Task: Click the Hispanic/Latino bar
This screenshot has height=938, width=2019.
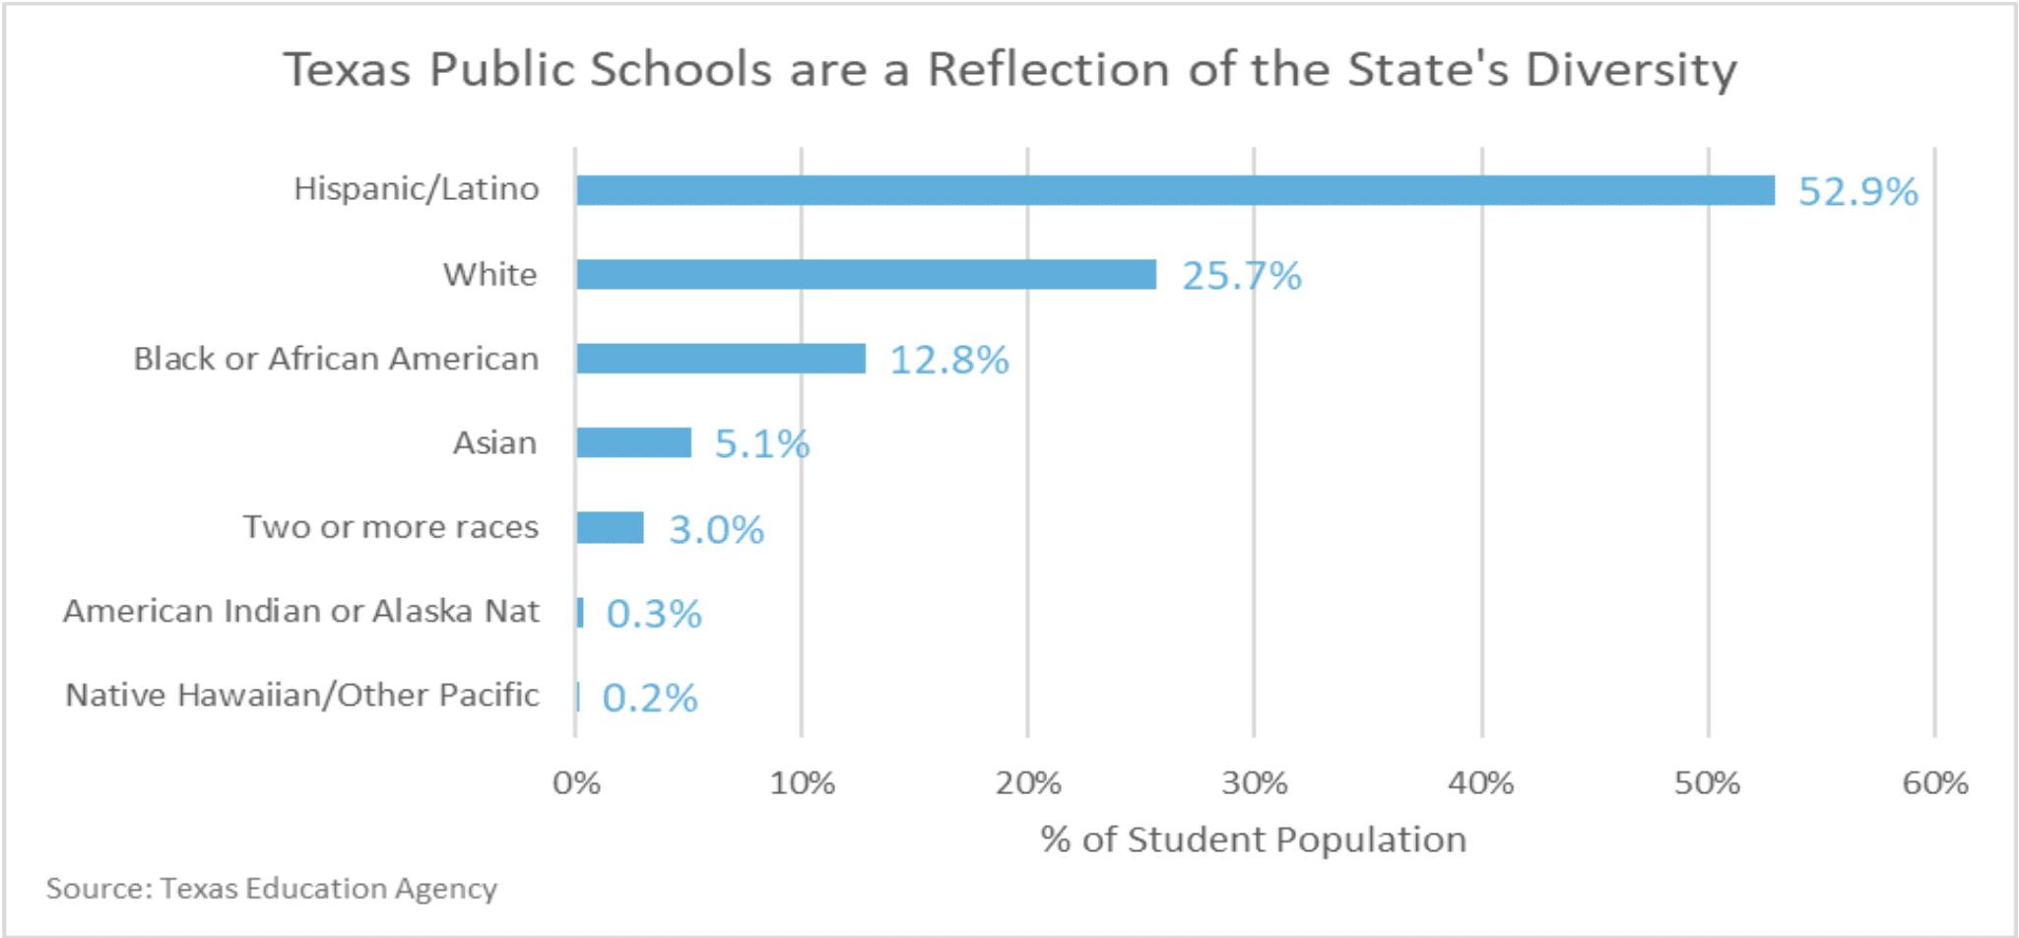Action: click(1175, 190)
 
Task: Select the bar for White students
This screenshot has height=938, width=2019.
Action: click(866, 275)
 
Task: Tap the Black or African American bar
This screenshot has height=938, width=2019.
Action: click(721, 359)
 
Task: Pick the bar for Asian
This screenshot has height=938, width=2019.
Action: click(634, 443)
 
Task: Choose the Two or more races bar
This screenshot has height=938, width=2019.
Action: click(611, 528)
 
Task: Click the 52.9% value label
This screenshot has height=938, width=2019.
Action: click(1857, 191)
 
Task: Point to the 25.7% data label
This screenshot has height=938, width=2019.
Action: click(1241, 276)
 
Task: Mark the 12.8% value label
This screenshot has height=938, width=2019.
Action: click(949, 361)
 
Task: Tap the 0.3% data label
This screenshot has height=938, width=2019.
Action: click(653, 614)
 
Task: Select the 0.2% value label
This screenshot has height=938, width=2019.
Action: click(650, 699)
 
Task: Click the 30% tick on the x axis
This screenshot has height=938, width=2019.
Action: click(1254, 783)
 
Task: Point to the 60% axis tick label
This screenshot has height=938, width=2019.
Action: click(1934, 783)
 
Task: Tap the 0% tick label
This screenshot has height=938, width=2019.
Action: click(576, 783)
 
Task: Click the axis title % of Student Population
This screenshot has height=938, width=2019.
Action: click(1253, 839)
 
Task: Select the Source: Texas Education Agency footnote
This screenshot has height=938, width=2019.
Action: click(271, 889)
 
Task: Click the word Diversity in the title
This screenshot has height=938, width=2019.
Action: click(1631, 71)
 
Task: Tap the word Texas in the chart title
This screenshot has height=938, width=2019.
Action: click(347, 70)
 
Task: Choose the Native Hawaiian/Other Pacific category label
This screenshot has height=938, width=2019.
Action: click(302, 696)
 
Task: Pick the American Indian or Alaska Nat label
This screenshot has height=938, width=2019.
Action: click(301, 611)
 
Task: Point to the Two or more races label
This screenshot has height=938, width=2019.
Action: click(391, 527)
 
